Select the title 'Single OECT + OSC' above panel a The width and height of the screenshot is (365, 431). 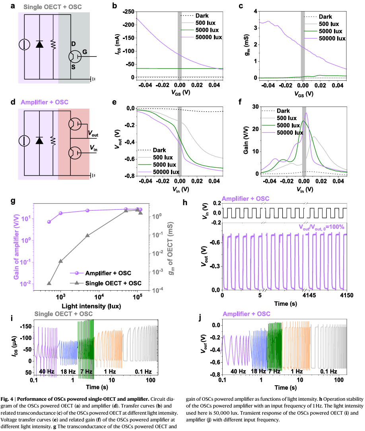[x=58, y=7]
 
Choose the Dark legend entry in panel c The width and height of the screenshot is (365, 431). [x=325, y=17]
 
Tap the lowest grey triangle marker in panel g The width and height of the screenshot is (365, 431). [x=49, y=283]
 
